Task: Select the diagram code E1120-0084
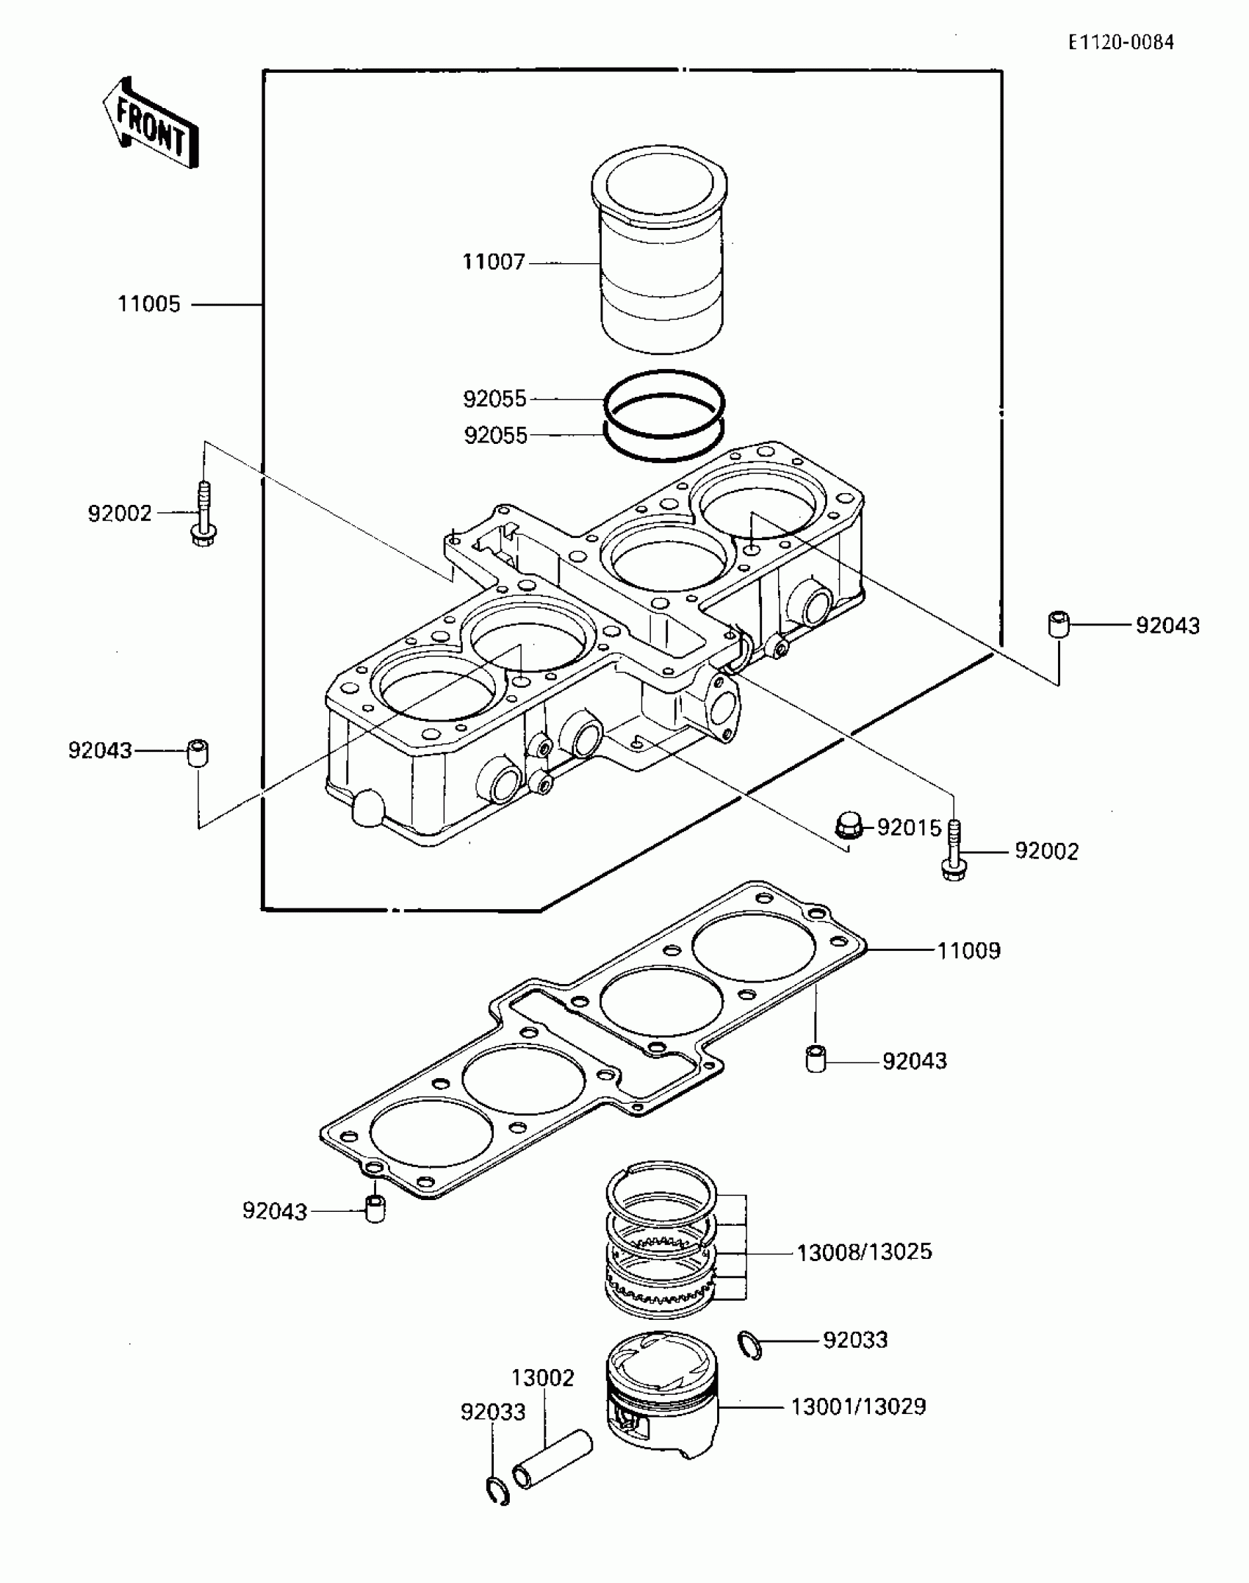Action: coord(1121,43)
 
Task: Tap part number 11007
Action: coord(493,262)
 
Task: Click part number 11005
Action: coord(149,304)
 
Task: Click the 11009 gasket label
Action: coord(968,951)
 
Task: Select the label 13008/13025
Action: coord(864,1252)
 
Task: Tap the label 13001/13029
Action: coord(858,1407)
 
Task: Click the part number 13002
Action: coord(542,1377)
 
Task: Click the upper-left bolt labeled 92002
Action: coord(204,514)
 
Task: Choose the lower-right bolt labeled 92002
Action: coord(954,850)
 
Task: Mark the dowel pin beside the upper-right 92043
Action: coord(1058,625)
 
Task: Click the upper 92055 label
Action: coord(494,399)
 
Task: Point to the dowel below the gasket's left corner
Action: coord(375,1209)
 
